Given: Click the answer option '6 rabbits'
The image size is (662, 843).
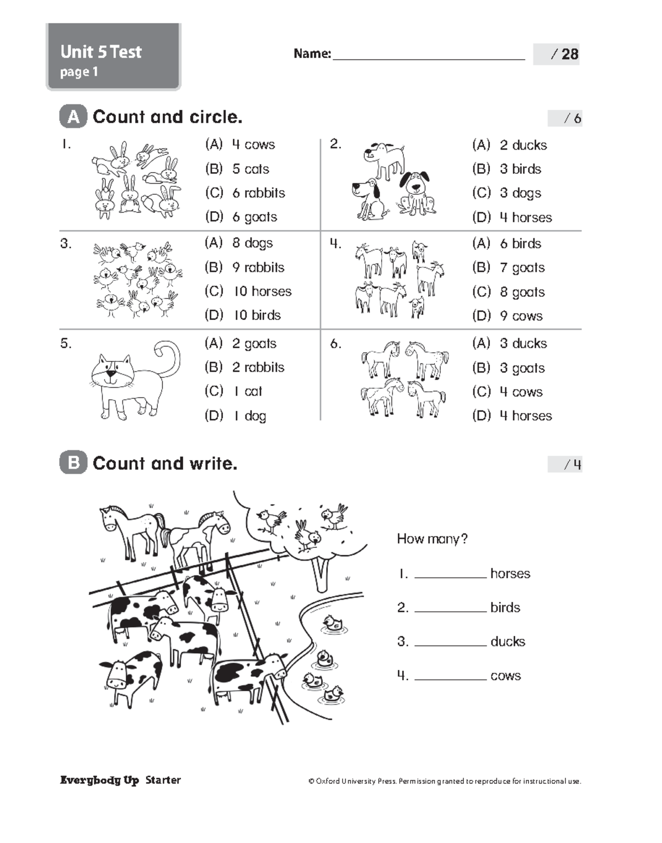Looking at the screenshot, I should coord(258,193).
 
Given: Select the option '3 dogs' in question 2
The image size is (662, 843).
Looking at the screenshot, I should coord(520,193).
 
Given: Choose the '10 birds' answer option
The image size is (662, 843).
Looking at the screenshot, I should coord(257,316).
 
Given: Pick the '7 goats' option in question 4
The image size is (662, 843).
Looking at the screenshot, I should coord(522,268).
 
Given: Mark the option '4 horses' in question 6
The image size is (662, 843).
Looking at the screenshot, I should coord(525,416).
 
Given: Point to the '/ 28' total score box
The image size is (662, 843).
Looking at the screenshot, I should coord(556,54).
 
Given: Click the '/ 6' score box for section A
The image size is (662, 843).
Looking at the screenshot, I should coord(565,118).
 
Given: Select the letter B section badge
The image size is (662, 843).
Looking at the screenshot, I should coord(73,463).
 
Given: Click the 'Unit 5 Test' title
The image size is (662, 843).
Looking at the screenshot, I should coord(101,52).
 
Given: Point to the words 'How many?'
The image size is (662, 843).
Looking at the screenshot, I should coord(432,539).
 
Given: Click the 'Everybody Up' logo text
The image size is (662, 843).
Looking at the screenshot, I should coord(99,780).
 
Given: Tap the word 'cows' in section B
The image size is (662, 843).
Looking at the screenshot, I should coord(505,676).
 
